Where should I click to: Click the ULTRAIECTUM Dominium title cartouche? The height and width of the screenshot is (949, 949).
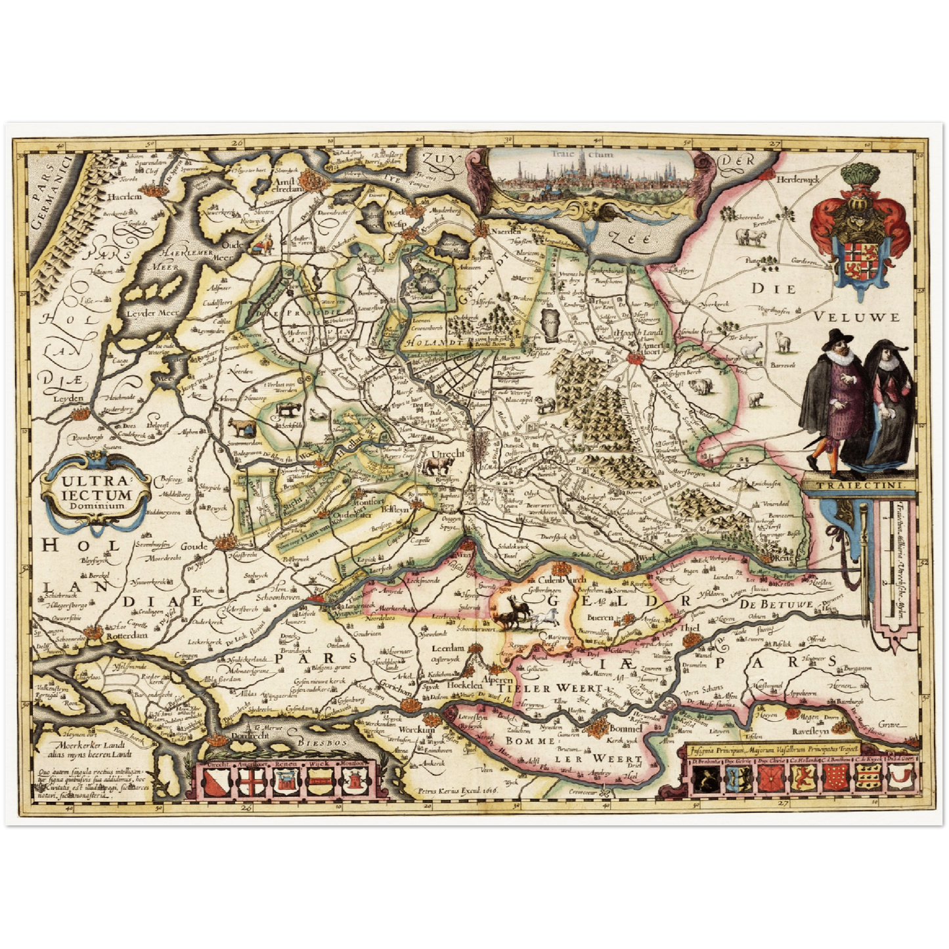pos(97,493)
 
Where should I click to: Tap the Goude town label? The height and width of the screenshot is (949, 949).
pos(194,546)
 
